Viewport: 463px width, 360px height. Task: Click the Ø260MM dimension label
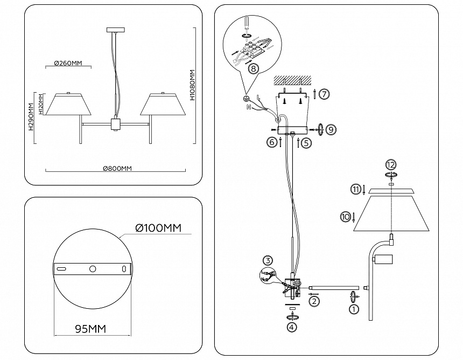(x=68, y=63)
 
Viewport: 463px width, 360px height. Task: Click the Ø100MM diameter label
(x=158, y=229)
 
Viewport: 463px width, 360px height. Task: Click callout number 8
(x=254, y=68)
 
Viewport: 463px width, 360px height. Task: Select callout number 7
(x=324, y=94)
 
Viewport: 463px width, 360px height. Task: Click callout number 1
(x=354, y=309)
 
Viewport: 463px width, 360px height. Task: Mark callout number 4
(x=292, y=327)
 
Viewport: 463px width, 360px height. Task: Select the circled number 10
(x=345, y=217)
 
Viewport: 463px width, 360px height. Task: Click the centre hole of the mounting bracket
(x=93, y=268)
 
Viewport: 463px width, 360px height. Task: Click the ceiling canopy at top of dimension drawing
(x=116, y=30)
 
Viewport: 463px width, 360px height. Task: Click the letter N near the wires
(x=248, y=107)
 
